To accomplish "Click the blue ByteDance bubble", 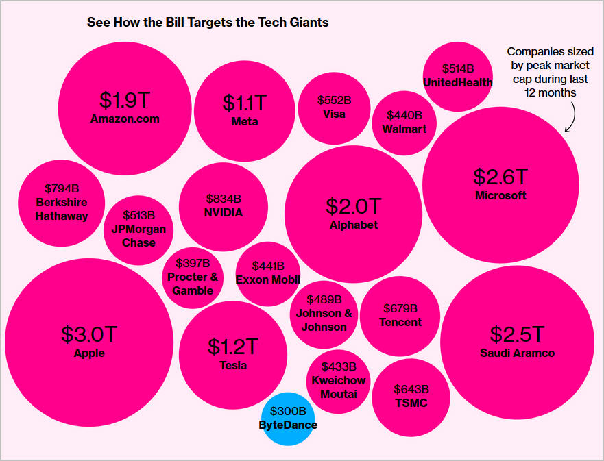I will (x=288, y=418).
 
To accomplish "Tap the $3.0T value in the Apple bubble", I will (x=89, y=334).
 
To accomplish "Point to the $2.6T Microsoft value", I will (x=500, y=177).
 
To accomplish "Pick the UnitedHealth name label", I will (x=457, y=82).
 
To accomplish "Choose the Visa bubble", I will (x=334, y=108).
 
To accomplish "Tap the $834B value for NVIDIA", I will (x=224, y=199).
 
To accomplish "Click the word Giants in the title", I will (x=307, y=23).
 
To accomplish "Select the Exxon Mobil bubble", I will (x=267, y=273).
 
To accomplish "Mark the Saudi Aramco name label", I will (x=517, y=353).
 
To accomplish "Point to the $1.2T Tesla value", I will (x=233, y=347).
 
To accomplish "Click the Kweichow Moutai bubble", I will (x=338, y=381).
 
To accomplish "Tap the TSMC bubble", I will (x=411, y=397).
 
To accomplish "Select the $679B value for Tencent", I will (x=400, y=309).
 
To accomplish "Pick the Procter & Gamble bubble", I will (x=193, y=277).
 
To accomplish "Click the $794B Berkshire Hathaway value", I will (x=62, y=188).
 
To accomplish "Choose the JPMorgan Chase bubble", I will (x=138, y=229).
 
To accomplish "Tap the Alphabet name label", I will (x=353, y=225).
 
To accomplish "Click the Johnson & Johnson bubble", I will (x=324, y=314).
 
